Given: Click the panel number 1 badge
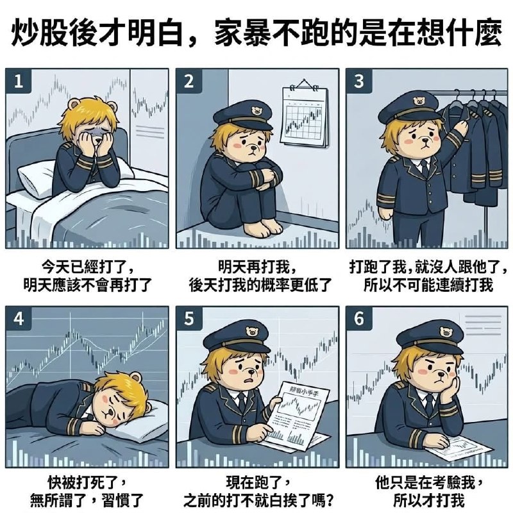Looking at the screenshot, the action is (x=19, y=81).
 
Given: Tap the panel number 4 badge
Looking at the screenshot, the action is (x=19, y=318).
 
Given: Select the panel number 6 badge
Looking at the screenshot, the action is (x=359, y=318).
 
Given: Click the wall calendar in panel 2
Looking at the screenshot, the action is (x=304, y=114).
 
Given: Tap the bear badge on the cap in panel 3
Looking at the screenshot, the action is (x=418, y=101).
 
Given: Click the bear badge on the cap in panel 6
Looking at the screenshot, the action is (x=446, y=333).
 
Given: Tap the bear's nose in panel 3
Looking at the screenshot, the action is (x=425, y=140).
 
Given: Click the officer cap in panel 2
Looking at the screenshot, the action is (x=243, y=115).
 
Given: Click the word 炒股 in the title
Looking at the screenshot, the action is (x=35, y=33).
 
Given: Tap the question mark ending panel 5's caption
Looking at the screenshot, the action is (x=329, y=500).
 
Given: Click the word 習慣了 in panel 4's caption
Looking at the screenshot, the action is (x=122, y=500).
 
